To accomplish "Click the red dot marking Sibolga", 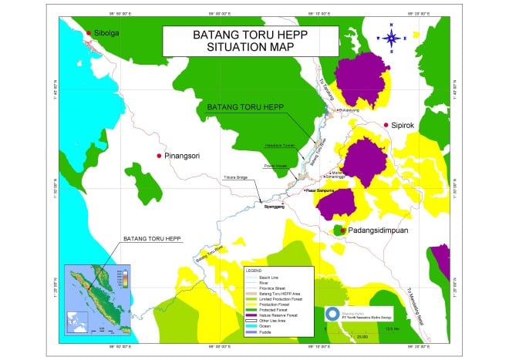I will pyautogui.click(x=89, y=33).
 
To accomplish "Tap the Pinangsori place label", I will pyautogui.click(x=183, y=156).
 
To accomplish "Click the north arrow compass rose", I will pyautogui.click(x=391, y=35).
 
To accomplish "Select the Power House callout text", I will pyautogui.click(x=275, y=165).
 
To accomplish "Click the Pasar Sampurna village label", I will pyautogui.click(x=320, y=190).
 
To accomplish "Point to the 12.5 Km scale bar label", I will pyautogui.click(x=393, y=330).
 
